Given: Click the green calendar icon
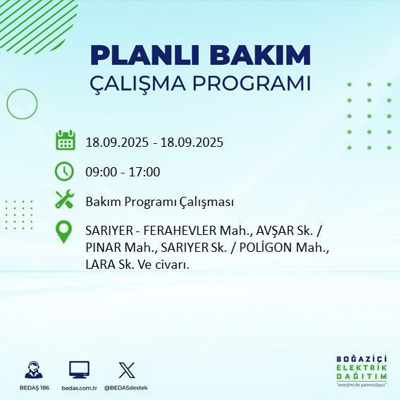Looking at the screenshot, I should [65, 140].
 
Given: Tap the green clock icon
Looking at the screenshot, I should [65, 171].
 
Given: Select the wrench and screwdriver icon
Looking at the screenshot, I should [65, 200].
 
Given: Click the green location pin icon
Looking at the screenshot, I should [65, 232].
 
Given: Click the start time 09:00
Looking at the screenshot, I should [100, 171].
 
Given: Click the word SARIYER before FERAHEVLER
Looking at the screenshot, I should [107, 231].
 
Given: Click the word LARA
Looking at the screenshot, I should [100, 265].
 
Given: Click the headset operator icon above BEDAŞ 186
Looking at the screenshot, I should [32, 370].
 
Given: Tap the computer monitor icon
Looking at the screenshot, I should [79, 370].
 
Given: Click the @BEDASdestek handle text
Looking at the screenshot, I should [126, 387].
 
